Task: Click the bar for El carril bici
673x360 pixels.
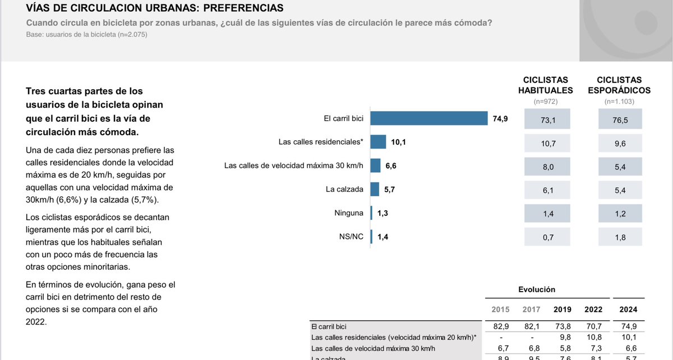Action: pos(429,118)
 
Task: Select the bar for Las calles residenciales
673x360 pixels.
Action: pos(379,142)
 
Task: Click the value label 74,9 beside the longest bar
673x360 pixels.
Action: pos(500,118)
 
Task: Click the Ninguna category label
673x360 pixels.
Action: pos(348,213)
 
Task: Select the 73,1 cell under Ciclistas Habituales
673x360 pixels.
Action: pos(547,119)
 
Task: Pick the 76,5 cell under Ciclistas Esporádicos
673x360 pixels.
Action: pos(620,119)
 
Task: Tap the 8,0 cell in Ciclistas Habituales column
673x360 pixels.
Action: pos(547,167)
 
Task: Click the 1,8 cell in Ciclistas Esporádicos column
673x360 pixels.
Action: pos(620,237)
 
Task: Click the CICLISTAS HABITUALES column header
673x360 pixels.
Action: pos(545,85)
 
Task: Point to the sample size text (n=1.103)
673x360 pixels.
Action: pos(620,102)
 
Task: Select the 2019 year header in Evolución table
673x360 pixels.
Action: pos(563,310)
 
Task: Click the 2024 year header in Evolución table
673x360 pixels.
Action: pos(628,310)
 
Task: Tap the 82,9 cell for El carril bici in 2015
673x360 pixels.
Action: pos(500,326)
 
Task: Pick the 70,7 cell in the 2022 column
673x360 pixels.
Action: pos(593,326)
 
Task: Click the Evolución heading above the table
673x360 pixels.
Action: pos(537,289)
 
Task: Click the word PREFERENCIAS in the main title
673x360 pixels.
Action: pos(235,8)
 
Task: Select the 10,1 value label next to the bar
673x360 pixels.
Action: pos(398,142)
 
